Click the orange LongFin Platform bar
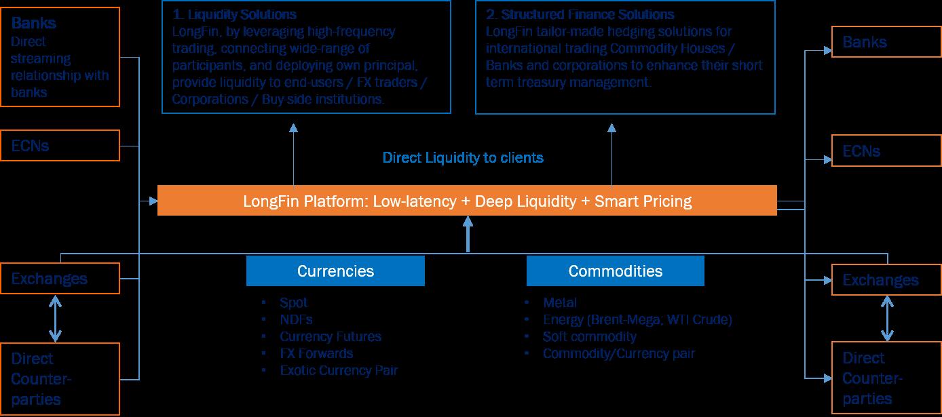pos(467,201)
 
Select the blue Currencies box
pos(335,271)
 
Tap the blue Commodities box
pos(615,271)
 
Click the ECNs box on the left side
pos(65,146)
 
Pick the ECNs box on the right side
pos(886,151)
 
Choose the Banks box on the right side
pos(886,43)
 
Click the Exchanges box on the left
pos(65,279)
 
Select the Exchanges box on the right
pos(886,280)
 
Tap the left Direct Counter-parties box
pos(65,378)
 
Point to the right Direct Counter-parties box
pos(886,378)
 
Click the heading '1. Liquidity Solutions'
pos(235,14)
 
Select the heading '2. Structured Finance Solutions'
pos(580,14)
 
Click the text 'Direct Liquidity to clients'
pos(463,158)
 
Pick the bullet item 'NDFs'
pos(296,319)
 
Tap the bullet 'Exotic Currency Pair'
pos(339,370)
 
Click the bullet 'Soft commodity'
pos(589,336)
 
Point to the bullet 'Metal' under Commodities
pos(560,302)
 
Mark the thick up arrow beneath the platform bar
pos(468,234)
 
